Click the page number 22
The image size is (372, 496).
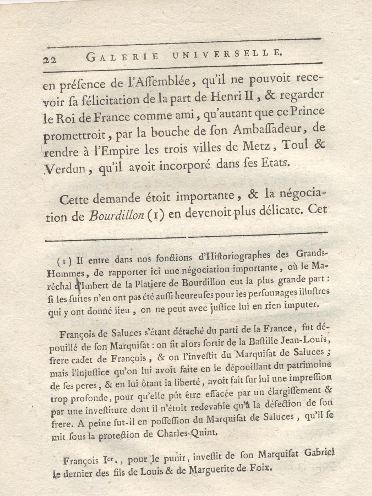(50, 59)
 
